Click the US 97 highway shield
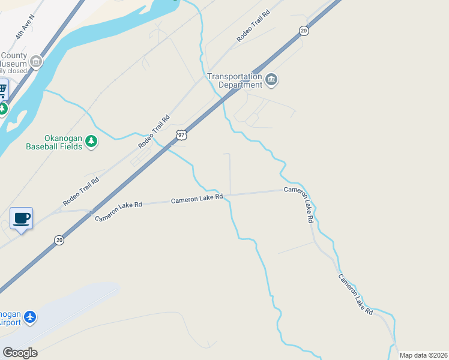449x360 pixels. pos(181,136)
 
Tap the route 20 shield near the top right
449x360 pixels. pos(304,31)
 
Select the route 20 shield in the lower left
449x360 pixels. pos(59,240)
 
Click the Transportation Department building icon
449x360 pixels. pos(271,80)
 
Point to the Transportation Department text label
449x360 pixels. pos(235,80)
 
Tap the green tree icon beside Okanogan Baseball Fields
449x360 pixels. pos(91,142)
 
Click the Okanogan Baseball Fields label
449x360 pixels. pos(54,142)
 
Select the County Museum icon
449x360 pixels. pos(36,61)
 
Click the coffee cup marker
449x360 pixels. pos(22,218)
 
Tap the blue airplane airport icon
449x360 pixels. pos(30,317)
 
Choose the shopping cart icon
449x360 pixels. pos(2,90)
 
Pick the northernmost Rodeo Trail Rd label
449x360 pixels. pos(254,26)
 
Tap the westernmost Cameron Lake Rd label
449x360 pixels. pos(119,211)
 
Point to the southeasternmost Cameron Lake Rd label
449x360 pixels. pos(355,295)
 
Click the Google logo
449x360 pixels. pos(20,353)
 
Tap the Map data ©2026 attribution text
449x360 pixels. pos(423,355)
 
